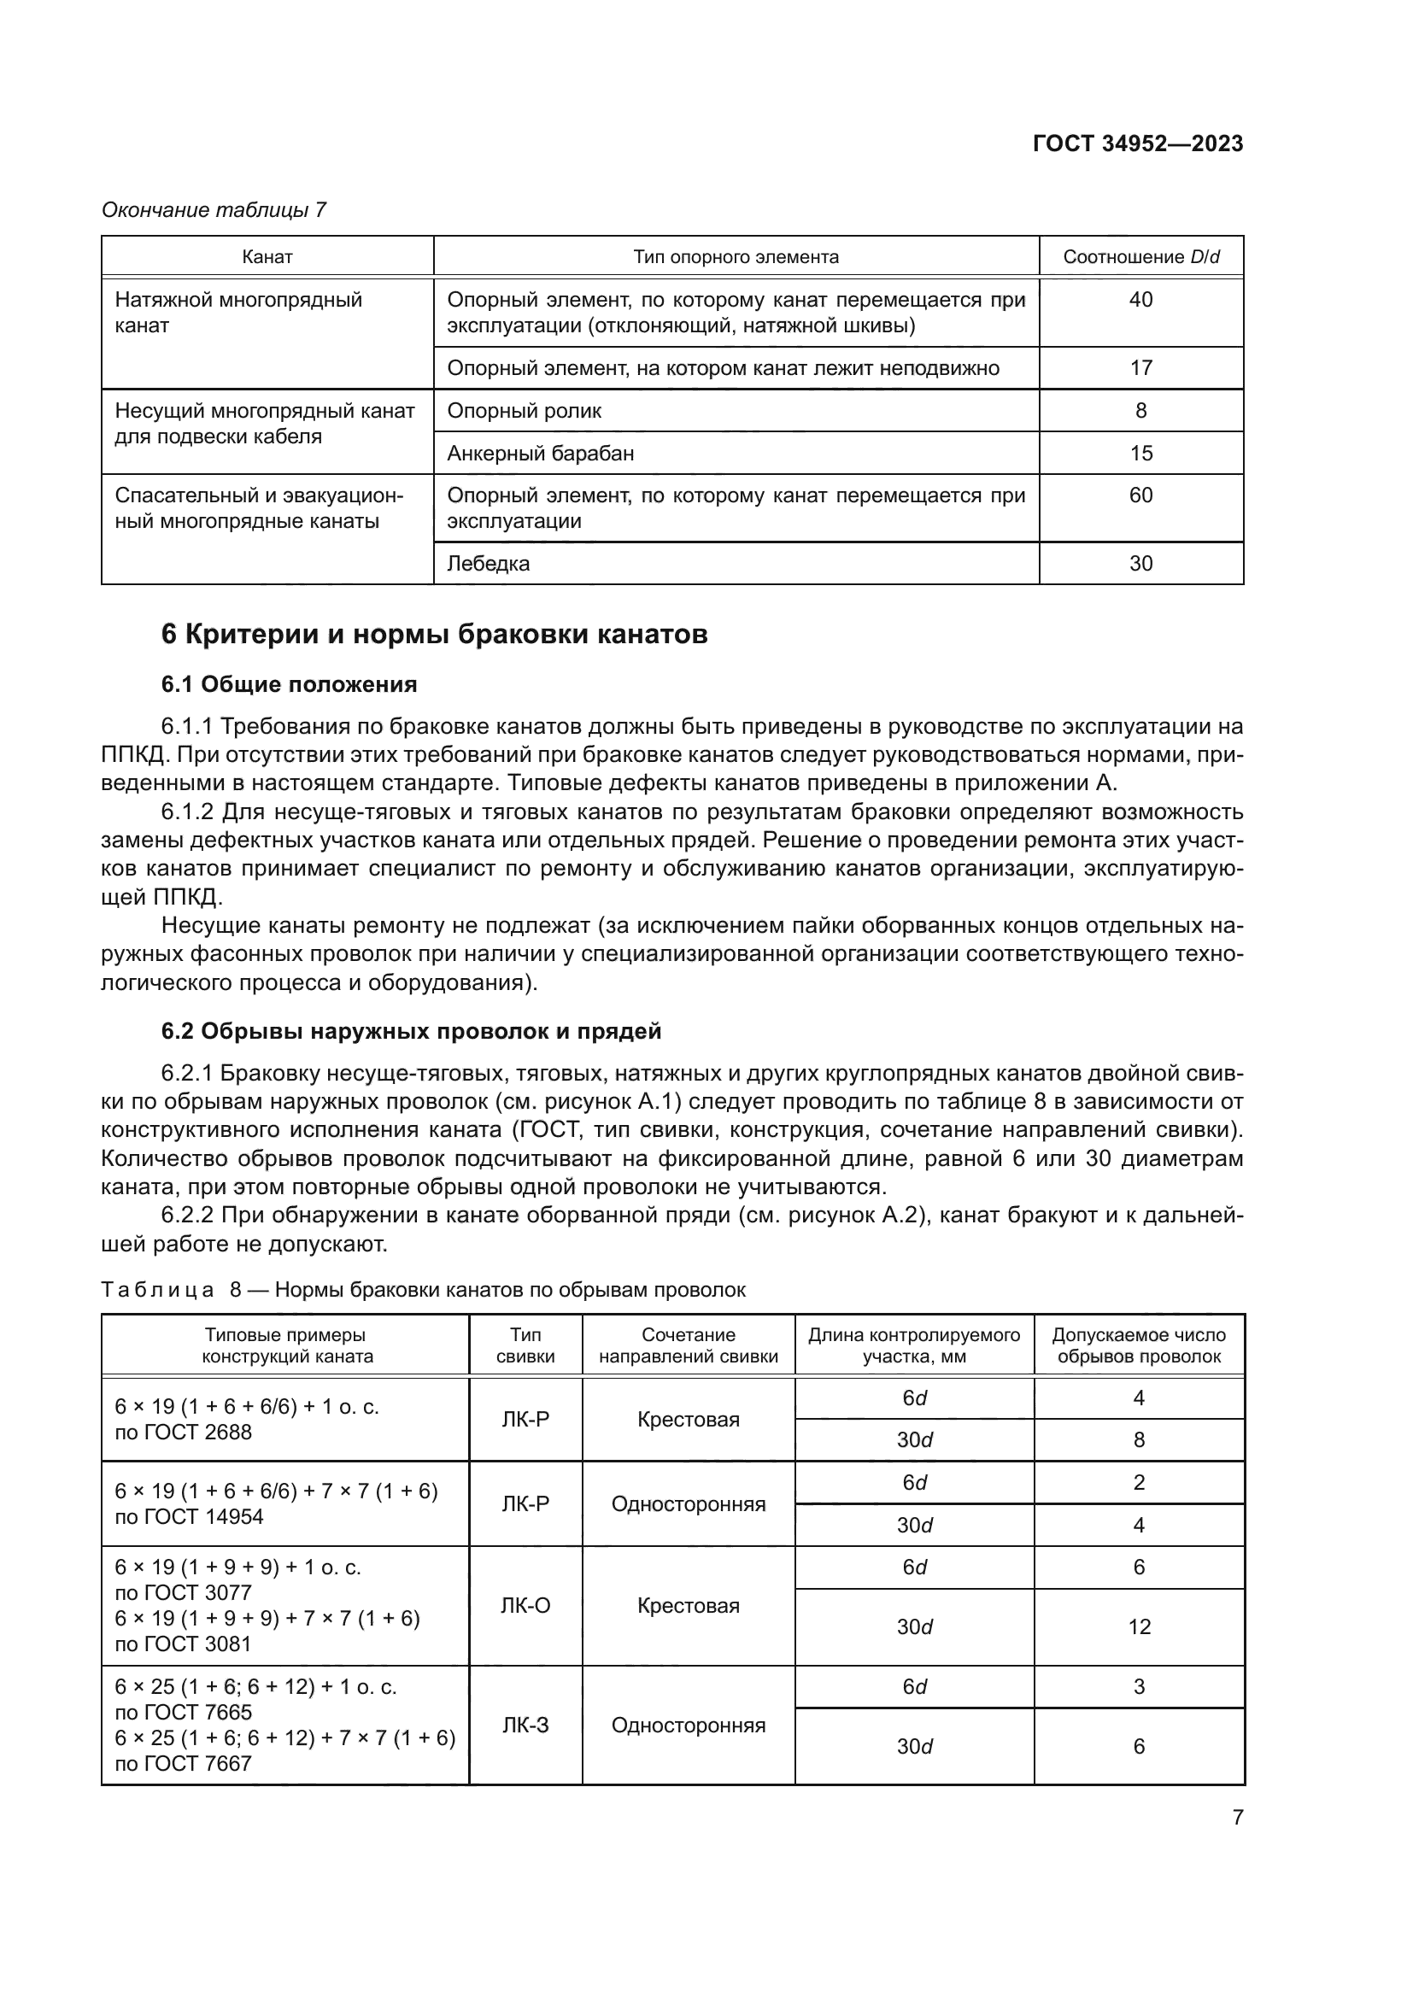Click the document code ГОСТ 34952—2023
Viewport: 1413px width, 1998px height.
tap(1137, 144)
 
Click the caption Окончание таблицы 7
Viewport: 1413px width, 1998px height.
tap(214, 210)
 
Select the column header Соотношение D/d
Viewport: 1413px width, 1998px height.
tap(1140, 257)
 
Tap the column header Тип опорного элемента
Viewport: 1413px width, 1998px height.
tap(736, 257)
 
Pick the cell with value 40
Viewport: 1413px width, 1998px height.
tap(1140, 300)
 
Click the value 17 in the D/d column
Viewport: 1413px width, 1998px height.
tap(1140, 368)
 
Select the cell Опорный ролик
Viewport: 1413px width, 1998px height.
tap(524, 411)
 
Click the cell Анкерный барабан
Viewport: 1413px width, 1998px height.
tap(540, 454)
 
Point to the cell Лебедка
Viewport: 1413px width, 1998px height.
tap(488, 564)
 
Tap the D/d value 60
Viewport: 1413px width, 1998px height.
tap(1140, 496)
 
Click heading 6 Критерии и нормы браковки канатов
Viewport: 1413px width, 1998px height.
tap(434, 635)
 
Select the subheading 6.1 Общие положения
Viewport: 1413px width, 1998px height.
tap(289, 685)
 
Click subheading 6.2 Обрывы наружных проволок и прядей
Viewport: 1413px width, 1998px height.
tap(411, 1031)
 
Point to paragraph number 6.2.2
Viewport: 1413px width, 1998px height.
tap(187, 1216)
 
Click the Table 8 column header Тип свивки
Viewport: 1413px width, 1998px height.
tap(525, 1345)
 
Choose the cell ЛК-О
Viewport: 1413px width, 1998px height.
tap(525, 1606)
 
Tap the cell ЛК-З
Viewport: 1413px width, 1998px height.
tap(525, 1725)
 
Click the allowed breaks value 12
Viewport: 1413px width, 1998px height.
tap(1139, 1626)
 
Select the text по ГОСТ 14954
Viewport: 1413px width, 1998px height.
tap(189, 1517)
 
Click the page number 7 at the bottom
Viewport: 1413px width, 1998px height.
tap(1237, 1817)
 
